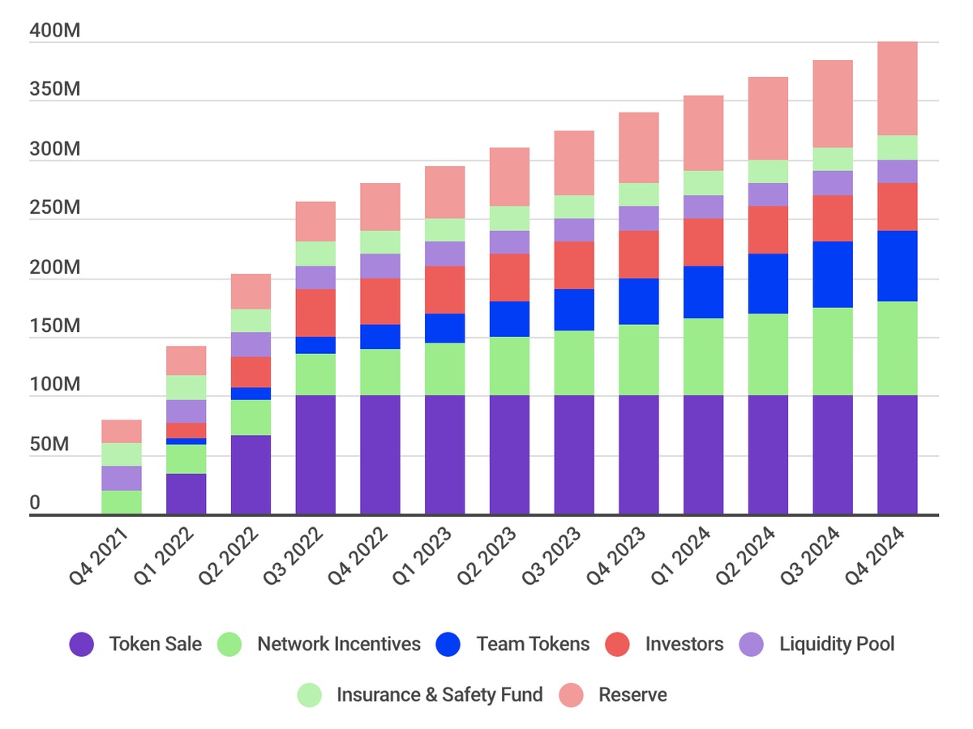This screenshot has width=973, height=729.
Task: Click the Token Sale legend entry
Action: click(155, 645)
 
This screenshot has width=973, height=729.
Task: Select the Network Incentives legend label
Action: click(338, 645)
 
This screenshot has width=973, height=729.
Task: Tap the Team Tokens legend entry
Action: click(533, 645)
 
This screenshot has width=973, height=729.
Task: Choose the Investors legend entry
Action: click(684, 645)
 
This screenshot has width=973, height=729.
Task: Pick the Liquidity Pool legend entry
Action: click(837, 645)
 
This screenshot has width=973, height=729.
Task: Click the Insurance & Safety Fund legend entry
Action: click(439, 695)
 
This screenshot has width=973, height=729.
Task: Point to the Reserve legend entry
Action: click(632, 695)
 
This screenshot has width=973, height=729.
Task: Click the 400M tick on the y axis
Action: click(54, 31)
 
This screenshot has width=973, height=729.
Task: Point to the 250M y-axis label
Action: click(54, 208)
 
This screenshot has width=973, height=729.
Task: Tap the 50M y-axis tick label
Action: click(49, 445)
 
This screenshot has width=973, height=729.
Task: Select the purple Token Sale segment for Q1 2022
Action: click(186, 493)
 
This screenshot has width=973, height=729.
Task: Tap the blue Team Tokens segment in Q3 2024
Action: click(833, 275)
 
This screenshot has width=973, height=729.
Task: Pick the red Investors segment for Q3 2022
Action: click(315, 313)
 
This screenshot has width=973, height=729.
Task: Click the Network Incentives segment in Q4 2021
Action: click(121, 502)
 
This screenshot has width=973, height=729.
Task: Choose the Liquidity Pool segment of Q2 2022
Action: click(251, 344)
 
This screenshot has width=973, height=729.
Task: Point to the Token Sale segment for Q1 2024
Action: click(703, 454)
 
